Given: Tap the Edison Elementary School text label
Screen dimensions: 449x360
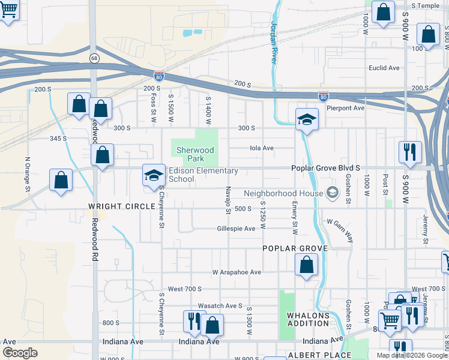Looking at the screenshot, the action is coord(203,175).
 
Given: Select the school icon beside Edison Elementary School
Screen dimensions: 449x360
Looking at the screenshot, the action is coord(153,175).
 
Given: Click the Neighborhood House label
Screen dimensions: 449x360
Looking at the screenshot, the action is coord(283,193).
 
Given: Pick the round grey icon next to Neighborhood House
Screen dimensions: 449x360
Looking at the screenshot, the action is coord(332,193).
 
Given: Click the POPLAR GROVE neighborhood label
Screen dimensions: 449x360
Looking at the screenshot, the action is coord(295,248).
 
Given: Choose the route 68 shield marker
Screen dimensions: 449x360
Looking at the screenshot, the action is coord(94,58).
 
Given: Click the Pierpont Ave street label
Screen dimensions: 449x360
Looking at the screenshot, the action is coord(345,108).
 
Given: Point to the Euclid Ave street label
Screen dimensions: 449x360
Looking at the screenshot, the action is coord(384,68).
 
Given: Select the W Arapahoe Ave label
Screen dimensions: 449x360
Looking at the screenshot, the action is coord(237,272).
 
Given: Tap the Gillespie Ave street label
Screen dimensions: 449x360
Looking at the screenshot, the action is coord(237,229).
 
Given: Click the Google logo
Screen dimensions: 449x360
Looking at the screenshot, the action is coord(20,352).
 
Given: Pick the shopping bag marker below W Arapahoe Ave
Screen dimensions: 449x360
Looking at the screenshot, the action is coord(307,264).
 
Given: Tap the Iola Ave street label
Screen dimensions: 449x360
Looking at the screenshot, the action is coord(262,148).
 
